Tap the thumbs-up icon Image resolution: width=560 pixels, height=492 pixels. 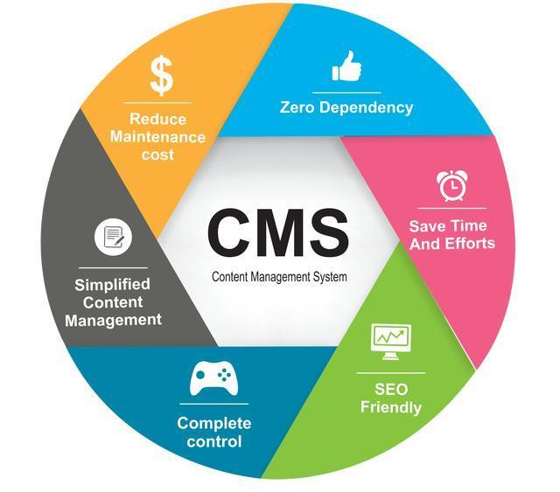(346, 65)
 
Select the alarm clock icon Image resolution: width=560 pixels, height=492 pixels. (451, 184)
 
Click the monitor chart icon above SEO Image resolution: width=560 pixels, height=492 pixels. (390, 341)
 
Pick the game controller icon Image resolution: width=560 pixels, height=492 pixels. (213, 378)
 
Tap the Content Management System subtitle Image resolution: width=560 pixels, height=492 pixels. (279, 277)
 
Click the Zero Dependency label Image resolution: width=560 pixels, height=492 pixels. (346, 107)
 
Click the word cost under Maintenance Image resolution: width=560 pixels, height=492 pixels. (157, 155)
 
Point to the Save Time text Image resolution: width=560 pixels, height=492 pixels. (448, 225)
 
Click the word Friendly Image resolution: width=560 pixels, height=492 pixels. (391, 407)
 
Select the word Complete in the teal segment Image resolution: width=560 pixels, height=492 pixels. (214, 423)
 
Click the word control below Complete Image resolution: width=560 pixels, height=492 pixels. (213, 441)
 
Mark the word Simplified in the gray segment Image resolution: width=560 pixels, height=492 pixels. (112, 284)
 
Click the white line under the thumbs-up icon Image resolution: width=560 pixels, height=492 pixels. (346, 92)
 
